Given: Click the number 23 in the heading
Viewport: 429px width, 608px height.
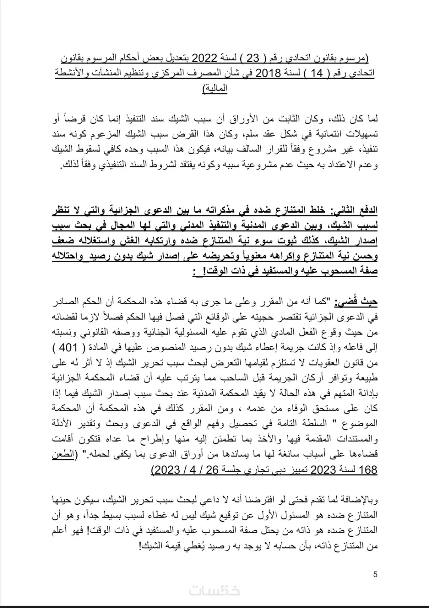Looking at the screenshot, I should (x=254, y=58).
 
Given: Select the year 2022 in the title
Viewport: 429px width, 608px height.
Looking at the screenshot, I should (x=207, y=58).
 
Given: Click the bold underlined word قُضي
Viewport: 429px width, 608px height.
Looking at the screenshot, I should (x=350, y=302).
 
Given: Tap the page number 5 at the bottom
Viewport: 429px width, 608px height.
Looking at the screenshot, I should (x=375, y=575).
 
